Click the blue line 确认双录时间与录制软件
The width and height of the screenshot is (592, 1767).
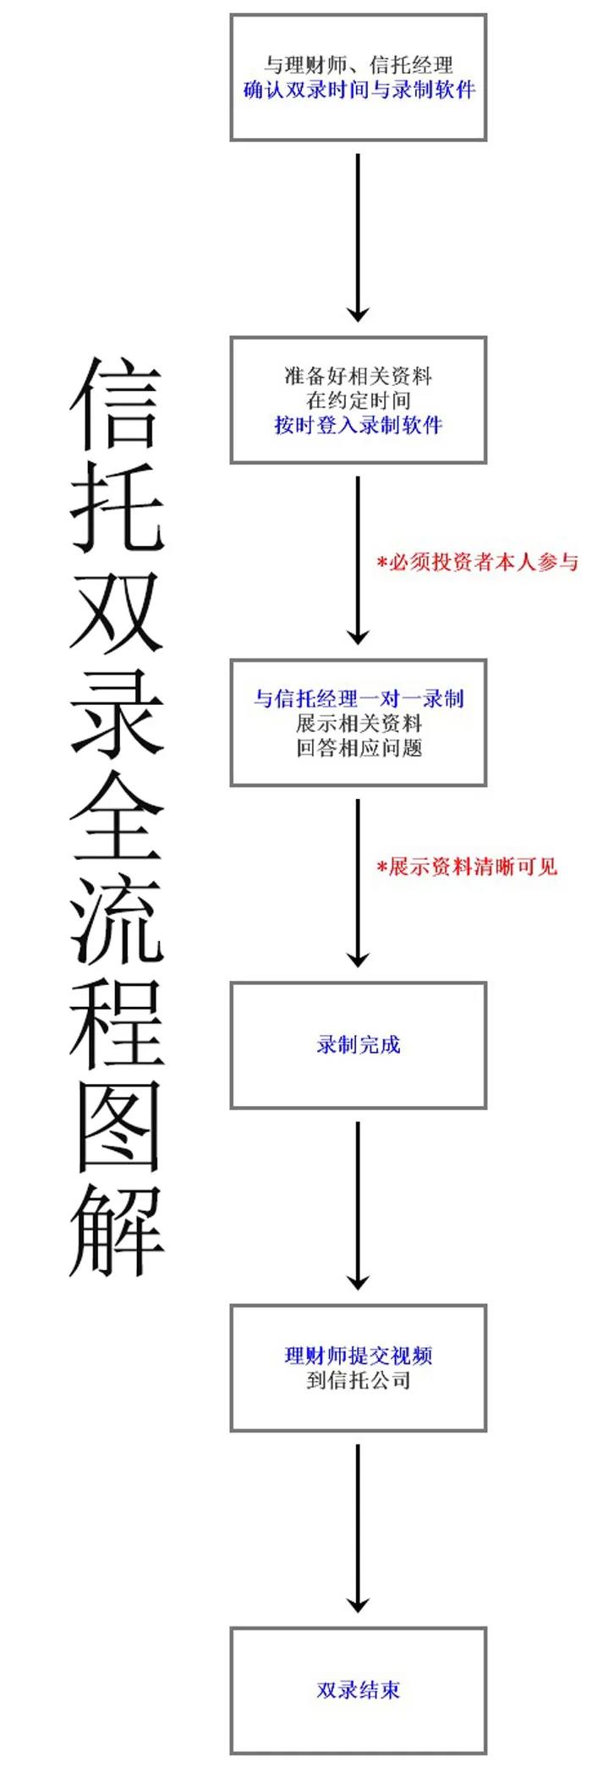(x=359, y=89)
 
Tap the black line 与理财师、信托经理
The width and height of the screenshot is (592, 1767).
(x=359, y=64)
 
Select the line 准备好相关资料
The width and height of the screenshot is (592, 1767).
(x=359, y=376)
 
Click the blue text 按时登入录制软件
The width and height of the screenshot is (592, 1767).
(x=359, y=425)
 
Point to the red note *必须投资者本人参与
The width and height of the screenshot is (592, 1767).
(x=478, y=562)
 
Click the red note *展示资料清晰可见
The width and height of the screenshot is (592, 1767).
(x=467, y=867)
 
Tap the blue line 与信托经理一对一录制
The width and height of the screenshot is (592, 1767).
(x=359, y=698)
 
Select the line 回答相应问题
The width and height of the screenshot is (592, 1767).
(x=359, y=747)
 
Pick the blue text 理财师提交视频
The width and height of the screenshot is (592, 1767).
(x=359, y=1356)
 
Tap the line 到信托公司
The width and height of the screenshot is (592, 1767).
(x=359, y=1380)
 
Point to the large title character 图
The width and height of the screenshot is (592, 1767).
(x=115, y=1126)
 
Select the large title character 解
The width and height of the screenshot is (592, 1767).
(x=115, y=1230)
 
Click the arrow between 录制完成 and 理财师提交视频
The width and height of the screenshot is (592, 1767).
(x=359, y=1206)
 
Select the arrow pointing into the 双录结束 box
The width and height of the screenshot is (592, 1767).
(x=359, y=1528)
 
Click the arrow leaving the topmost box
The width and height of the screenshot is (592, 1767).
(x=359, y=238)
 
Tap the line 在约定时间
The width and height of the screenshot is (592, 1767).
(x=359, y=400)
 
